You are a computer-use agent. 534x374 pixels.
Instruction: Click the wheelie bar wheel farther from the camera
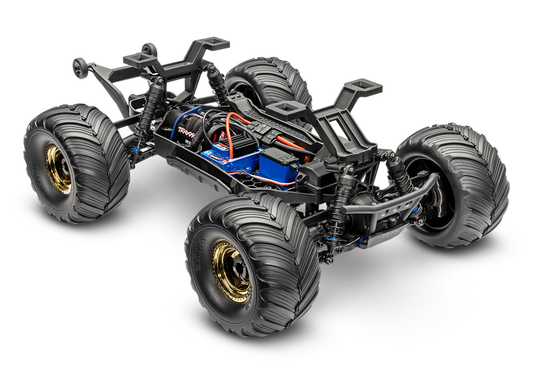[149, 49]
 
